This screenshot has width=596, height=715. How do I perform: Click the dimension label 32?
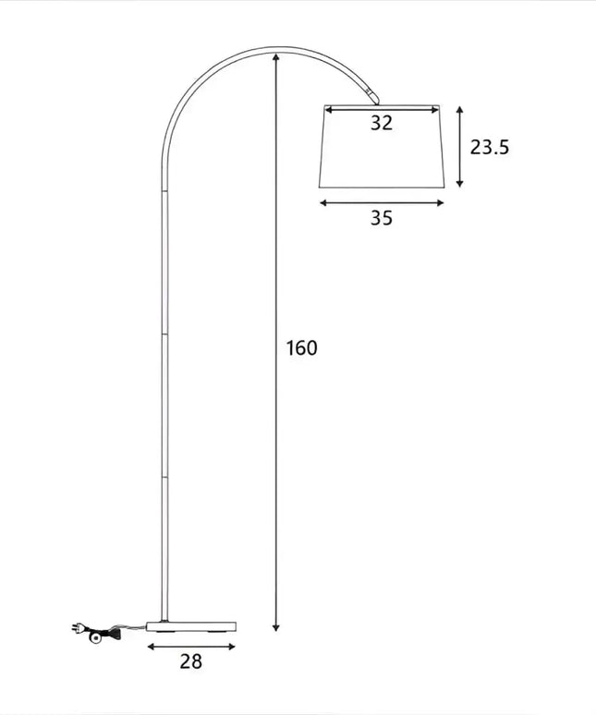click(x=382, y=124)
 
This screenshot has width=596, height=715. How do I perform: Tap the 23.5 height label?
click(x=490, y=146)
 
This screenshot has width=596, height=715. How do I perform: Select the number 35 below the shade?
click(x=382, y=218)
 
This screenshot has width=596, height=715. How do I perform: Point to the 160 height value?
click(x=301, y=348)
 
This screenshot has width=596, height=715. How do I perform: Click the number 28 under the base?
click(x=190, y=660)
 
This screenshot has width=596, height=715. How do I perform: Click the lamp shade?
click(x=382, y=152)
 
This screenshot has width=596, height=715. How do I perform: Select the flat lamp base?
click(x=191, y=625)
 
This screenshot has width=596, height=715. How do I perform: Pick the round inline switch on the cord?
click(x=94, y=637)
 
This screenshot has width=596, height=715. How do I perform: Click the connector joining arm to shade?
click(x=371, y=96)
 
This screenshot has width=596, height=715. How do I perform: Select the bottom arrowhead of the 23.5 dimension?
click(x=459, y=184)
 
